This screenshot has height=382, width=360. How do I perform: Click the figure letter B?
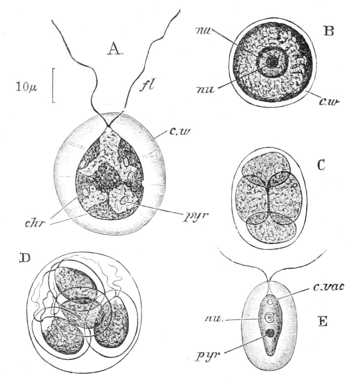pyautogui.click(x=328, y=31)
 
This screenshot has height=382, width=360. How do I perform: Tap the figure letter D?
pyautogui.click(x=25, y=259)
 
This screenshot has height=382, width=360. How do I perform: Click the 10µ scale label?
pyautogui.click(x=27, y=88)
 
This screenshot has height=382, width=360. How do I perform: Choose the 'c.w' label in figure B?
pyautogui.click(x=328, y=101)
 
